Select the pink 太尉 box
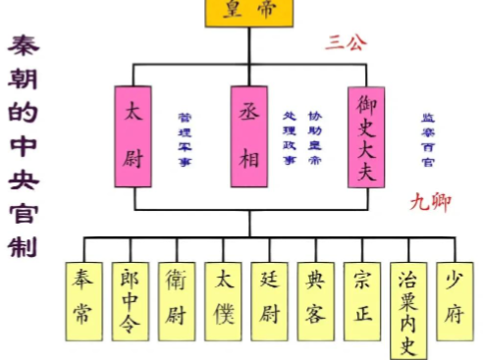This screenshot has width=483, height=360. (x=134, y=135)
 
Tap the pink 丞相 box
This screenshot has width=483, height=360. (x=249, y=135)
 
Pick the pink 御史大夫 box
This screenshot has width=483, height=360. (x=365, y=135)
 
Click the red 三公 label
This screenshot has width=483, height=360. (x=346, y=43)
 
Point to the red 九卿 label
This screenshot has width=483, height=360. (x=430, y=203)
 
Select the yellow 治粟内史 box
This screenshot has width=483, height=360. (x=410, y=308)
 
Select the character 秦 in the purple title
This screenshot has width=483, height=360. (x=24, y=47)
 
